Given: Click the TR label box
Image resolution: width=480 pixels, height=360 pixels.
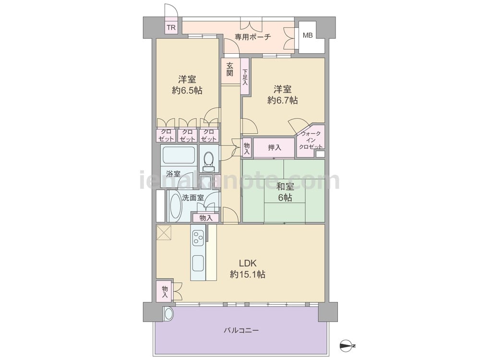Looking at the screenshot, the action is pyautogui.click(x=171, y=27).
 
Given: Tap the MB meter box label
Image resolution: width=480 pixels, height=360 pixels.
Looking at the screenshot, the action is pyautogui.click(x=308, y=35).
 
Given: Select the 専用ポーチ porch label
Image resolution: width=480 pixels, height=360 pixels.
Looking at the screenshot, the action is pyautogui.click(x=253, y=37).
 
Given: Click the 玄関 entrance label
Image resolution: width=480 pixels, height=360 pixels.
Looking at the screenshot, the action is pyautogui.click(x=230, y=69).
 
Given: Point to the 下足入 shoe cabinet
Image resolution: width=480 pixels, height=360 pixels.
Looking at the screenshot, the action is pyautogui.click(x=245, y=76).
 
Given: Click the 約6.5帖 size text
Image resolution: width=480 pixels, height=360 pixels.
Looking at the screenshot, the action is pyautogui.click(x=187, y=91).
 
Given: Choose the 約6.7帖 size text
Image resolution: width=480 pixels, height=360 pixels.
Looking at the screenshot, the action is pyautogui.click(x=283, y=100).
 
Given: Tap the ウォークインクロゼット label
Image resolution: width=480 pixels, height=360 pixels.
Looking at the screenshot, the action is pyautogui.click(x=311, y=140).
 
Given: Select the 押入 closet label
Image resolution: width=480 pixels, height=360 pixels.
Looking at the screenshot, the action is pyautogui.click(x=274, y=147).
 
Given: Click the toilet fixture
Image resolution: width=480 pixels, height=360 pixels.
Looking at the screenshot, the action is pyautogui.click(x=209, y=161).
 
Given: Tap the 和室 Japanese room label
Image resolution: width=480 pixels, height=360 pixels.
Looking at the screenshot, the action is pyautogui.click(x=285, y=187).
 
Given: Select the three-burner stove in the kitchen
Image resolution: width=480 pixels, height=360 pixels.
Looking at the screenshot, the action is pyautogui.click(x=197, y=237).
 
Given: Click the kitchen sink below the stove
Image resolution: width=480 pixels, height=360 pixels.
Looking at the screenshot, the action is pyautogui.click(x=198, y=263).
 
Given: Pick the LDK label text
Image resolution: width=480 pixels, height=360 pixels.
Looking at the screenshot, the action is pyautogui.click(x=248, y=263).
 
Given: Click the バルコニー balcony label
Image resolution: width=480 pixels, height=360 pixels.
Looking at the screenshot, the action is pyautogui.click(x=241, y=331).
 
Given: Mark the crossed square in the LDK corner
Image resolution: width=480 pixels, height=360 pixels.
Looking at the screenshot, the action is pyautogui.click(x=164, y=233).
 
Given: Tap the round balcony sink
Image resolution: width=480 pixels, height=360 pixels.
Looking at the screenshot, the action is pyautogui.click(x=168, y=314).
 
